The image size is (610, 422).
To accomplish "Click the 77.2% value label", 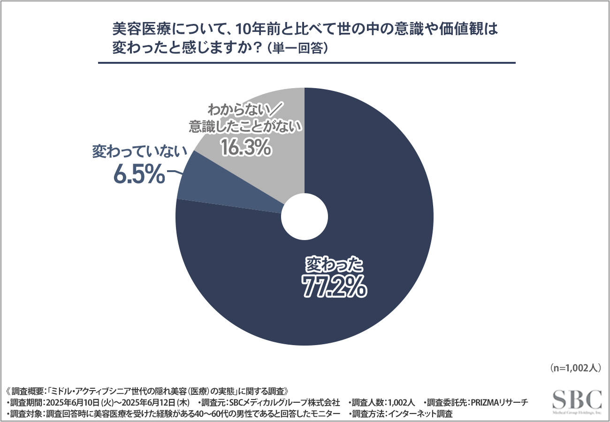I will (x=334, y=287).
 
